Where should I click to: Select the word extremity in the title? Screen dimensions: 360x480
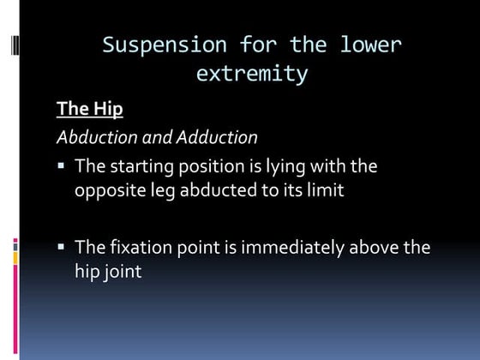click(251, 74)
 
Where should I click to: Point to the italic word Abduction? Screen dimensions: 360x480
click(93, 137)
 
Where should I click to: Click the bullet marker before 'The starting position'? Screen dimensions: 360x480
click(63, 165)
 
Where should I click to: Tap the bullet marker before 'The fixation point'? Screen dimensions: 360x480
click(63, 247)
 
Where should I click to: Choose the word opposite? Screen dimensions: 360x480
click(107, 191)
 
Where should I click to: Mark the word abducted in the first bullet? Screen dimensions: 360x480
click(214, 191)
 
